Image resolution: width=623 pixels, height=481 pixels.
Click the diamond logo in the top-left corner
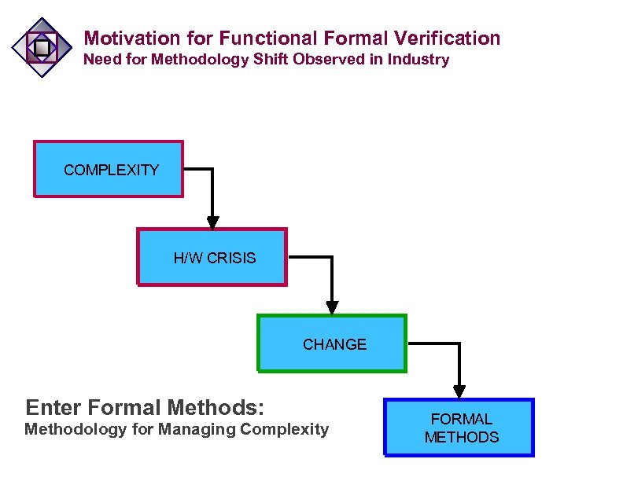[42, 48]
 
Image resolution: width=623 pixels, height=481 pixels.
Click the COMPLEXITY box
[109, 169]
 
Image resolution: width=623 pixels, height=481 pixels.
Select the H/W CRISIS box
[212, 257]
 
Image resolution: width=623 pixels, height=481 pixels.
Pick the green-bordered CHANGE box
[332, 343]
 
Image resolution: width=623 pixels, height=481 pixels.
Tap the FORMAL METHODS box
[459, 428]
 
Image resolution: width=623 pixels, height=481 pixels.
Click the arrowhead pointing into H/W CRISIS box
[212, 222]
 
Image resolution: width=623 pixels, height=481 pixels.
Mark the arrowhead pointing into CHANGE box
[332, 307]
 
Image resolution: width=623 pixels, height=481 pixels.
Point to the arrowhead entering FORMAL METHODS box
[459, 391]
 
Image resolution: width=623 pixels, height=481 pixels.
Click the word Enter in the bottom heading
[53, 408]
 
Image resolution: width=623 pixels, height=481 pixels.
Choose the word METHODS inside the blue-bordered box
[462, 437]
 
